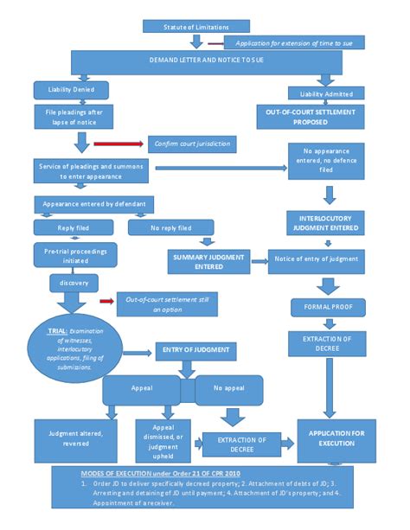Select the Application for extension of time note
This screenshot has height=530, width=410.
[294, 42]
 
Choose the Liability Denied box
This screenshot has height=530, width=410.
[71, 89]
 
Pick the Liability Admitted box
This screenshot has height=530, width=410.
[328, 92]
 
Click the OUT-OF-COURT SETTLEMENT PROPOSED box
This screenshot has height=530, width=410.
[327, 117]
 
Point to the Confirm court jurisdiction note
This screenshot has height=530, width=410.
[191, 144]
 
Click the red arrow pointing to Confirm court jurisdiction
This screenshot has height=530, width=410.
[117, 144]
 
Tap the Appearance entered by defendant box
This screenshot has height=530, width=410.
[95, 205]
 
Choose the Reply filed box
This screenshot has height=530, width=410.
[74, 228]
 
